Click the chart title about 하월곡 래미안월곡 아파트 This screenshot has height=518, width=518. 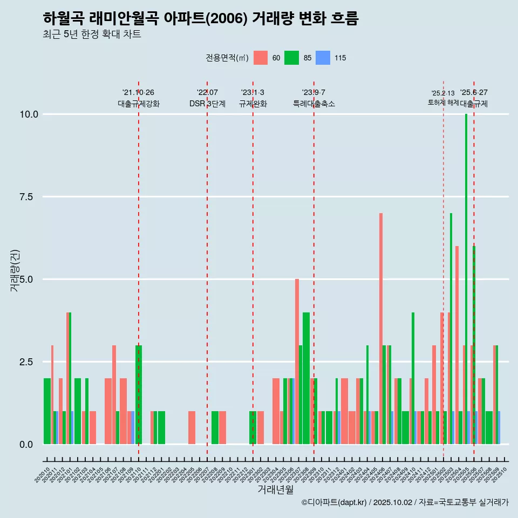(200, 19)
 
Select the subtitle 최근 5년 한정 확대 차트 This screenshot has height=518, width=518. (92, 35)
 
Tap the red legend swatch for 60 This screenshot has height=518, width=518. (261, 58)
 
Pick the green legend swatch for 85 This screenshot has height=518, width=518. (292, 58)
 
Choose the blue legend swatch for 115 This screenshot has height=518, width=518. (323, 58)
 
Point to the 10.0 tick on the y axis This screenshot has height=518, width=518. (29, 114)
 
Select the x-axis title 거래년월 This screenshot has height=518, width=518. (275, 489)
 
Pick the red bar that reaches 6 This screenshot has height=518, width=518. (457, 345)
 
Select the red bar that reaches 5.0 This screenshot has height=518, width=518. (297, 362)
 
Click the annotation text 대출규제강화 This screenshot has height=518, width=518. (139, 104)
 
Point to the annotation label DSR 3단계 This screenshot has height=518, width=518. (207, 104)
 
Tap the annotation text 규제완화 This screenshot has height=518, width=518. (253, 104)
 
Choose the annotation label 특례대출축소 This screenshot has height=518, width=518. (314, 104)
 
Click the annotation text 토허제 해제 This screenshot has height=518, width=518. (443, 102)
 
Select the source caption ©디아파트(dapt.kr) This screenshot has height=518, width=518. (335, 502)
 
